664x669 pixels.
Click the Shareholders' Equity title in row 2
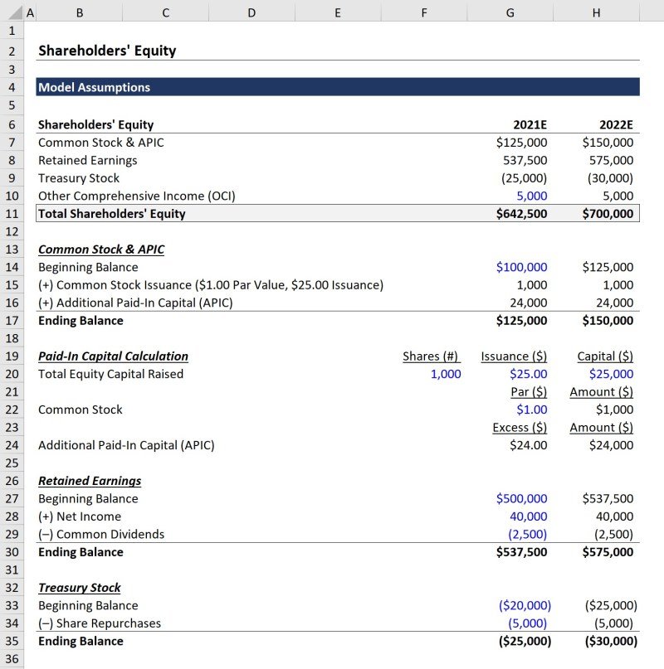107,51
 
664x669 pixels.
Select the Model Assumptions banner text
94,87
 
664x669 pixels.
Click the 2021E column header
530,125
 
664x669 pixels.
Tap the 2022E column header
616,125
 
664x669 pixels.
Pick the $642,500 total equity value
521,214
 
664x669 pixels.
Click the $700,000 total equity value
608,214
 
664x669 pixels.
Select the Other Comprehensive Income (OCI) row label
137,196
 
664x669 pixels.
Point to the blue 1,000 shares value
446,374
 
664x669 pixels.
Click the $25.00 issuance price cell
528,374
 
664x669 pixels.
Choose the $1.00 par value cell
531,410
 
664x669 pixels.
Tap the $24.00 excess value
528,445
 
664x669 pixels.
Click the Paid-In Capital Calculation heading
113,356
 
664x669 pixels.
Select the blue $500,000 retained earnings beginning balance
521,499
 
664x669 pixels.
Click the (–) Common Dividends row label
101,535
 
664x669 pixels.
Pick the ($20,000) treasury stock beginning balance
525,606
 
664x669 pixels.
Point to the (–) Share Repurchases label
100,623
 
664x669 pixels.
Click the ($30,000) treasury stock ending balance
611,642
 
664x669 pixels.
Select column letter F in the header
424,12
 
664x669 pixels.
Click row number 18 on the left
12,338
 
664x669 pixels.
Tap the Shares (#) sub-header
431,356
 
